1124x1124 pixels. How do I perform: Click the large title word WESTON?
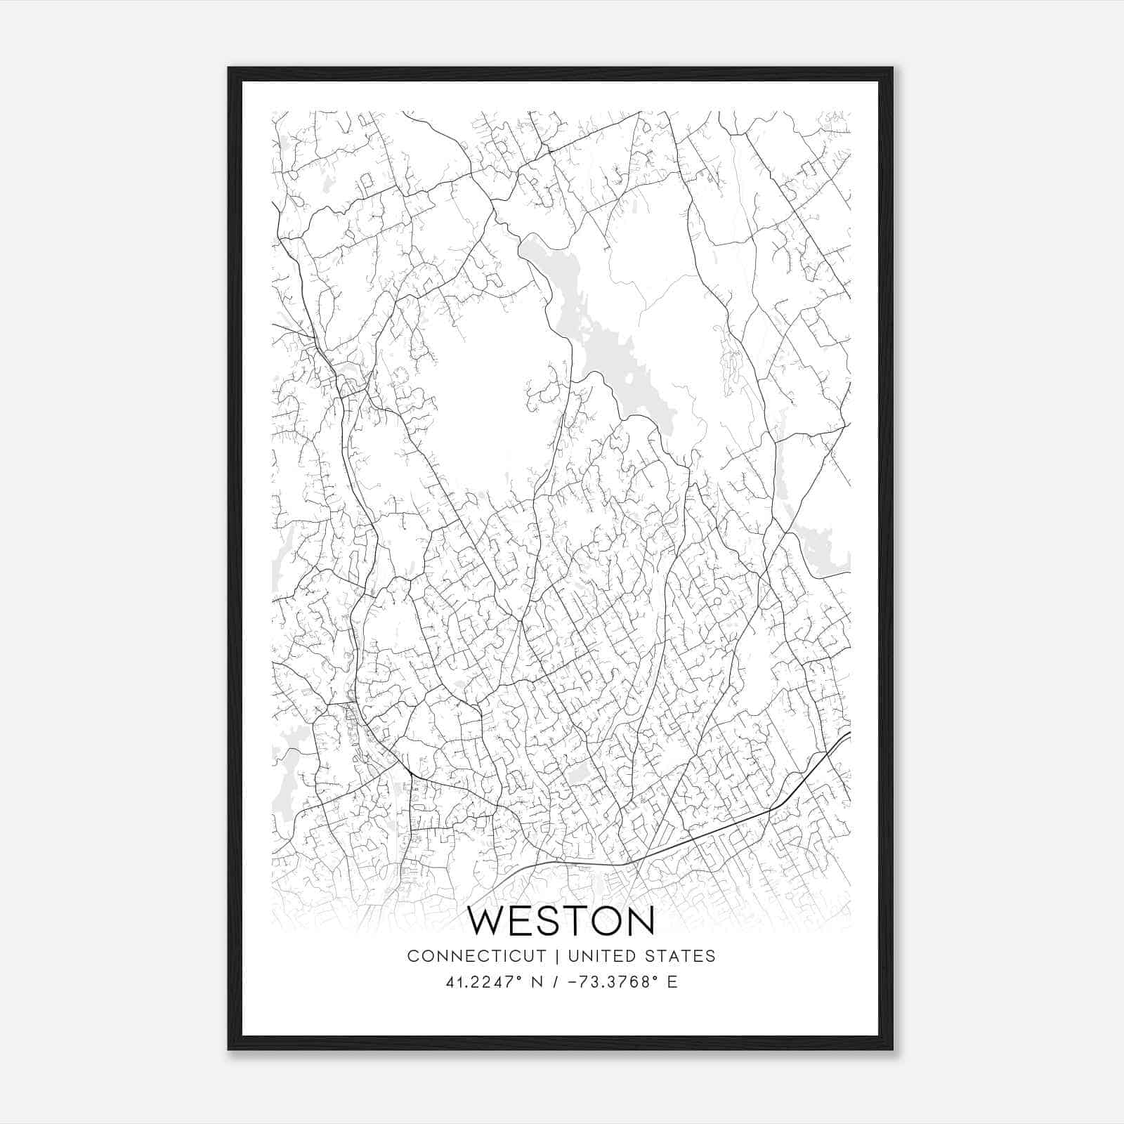tap(561, 921)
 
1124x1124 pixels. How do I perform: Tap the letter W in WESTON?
tap(487, 921)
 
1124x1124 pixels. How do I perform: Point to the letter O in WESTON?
tap(601, 921)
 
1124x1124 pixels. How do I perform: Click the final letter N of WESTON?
tap(639, 921)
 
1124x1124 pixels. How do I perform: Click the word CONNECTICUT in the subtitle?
tap(476, 956)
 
